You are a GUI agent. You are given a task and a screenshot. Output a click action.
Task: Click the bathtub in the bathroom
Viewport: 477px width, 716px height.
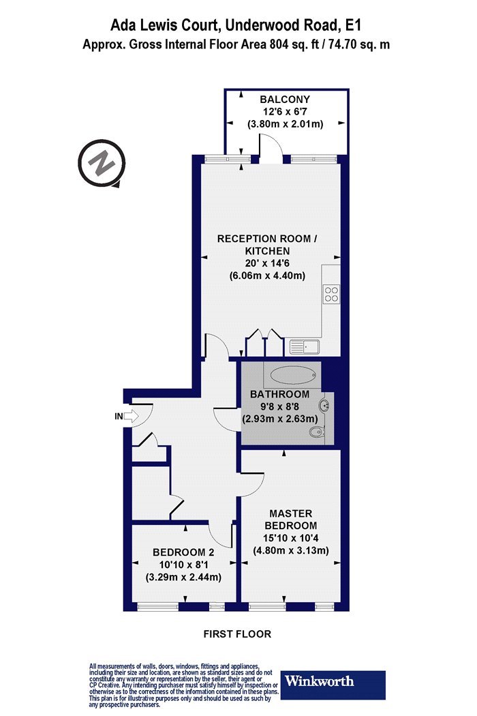click(x=292, y=376)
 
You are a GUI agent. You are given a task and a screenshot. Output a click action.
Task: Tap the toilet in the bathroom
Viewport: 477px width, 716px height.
click(x=318, y=431)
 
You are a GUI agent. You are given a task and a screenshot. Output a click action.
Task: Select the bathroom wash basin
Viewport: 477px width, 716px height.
click(x=325, y=405)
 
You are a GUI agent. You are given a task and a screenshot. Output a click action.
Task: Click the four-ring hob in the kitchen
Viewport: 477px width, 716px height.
click(x=331, y=294)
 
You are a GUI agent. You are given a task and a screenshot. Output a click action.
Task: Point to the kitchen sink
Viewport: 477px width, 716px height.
click(x=305, y=348)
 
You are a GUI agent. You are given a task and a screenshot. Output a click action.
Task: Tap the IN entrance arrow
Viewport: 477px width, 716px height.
click(x=131, y=416)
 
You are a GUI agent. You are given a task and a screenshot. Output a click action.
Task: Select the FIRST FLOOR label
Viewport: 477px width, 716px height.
click(x=237, y=633)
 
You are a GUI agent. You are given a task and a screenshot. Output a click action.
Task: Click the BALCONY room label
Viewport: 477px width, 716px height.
click(x=285, y=99)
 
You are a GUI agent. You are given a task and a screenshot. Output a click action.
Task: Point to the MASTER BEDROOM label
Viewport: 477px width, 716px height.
click(x=291, y=519)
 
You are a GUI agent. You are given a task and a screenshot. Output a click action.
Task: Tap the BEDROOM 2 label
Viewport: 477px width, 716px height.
click(x=183, y=552)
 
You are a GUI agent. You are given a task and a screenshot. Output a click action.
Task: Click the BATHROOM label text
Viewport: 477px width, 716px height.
click(x=280, y=394)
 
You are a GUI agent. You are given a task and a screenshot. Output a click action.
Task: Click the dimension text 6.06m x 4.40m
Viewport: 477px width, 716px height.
click(x=267, y=275)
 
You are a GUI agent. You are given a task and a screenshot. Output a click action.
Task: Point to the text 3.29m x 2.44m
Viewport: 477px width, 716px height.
click(x=183, y=577)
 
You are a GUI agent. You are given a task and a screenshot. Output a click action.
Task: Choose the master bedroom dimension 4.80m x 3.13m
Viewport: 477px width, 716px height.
click(x=291, y=550)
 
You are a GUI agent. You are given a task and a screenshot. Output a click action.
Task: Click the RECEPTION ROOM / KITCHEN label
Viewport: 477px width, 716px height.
click(x=267, y=244)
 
